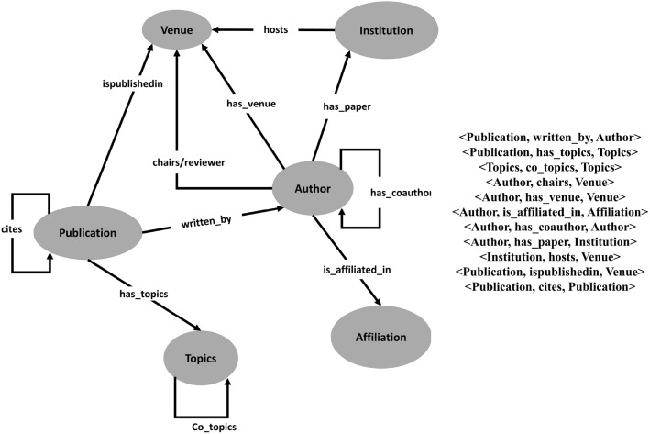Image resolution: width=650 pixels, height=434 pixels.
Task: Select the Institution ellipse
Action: coord(380,30)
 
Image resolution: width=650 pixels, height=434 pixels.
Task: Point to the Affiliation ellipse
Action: coord(380,337)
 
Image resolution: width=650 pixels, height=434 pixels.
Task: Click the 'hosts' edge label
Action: coord(278,29)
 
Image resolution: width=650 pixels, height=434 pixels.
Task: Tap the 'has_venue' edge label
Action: coord(251,104)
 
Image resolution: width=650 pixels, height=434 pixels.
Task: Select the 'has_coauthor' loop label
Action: coord(400,193)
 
